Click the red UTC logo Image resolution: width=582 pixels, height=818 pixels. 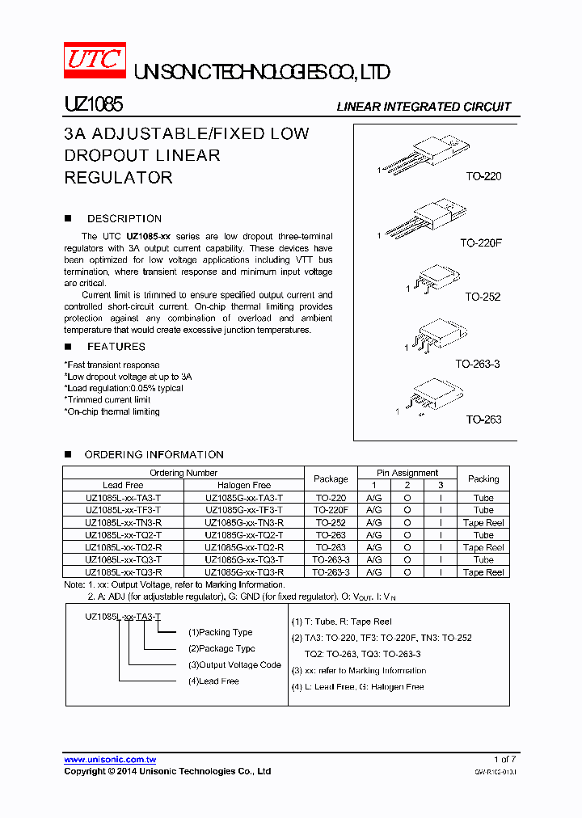95,59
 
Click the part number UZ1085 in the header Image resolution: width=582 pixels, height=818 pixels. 93,106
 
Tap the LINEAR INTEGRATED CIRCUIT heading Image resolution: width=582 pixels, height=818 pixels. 424,107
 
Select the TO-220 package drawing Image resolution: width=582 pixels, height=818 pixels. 424,155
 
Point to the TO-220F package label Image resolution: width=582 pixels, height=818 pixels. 481,242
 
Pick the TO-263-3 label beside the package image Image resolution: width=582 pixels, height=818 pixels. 477,365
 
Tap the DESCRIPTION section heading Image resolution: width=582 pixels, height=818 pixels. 124,219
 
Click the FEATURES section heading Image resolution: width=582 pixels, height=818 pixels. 116,347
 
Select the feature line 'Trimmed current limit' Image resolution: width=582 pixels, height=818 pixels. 108,400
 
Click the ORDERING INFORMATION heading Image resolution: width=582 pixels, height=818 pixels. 154,455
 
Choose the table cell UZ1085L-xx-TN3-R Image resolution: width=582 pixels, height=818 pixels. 123,523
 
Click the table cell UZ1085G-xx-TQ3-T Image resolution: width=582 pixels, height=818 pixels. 243,559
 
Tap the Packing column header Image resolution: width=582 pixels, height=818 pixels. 483,479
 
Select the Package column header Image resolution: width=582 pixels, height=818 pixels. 331,479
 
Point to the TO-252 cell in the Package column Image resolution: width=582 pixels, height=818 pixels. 331,523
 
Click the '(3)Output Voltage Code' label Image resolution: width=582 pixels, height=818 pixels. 234,665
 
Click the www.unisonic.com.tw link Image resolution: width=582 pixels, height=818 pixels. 110,760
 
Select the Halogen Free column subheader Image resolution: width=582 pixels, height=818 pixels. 243,485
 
